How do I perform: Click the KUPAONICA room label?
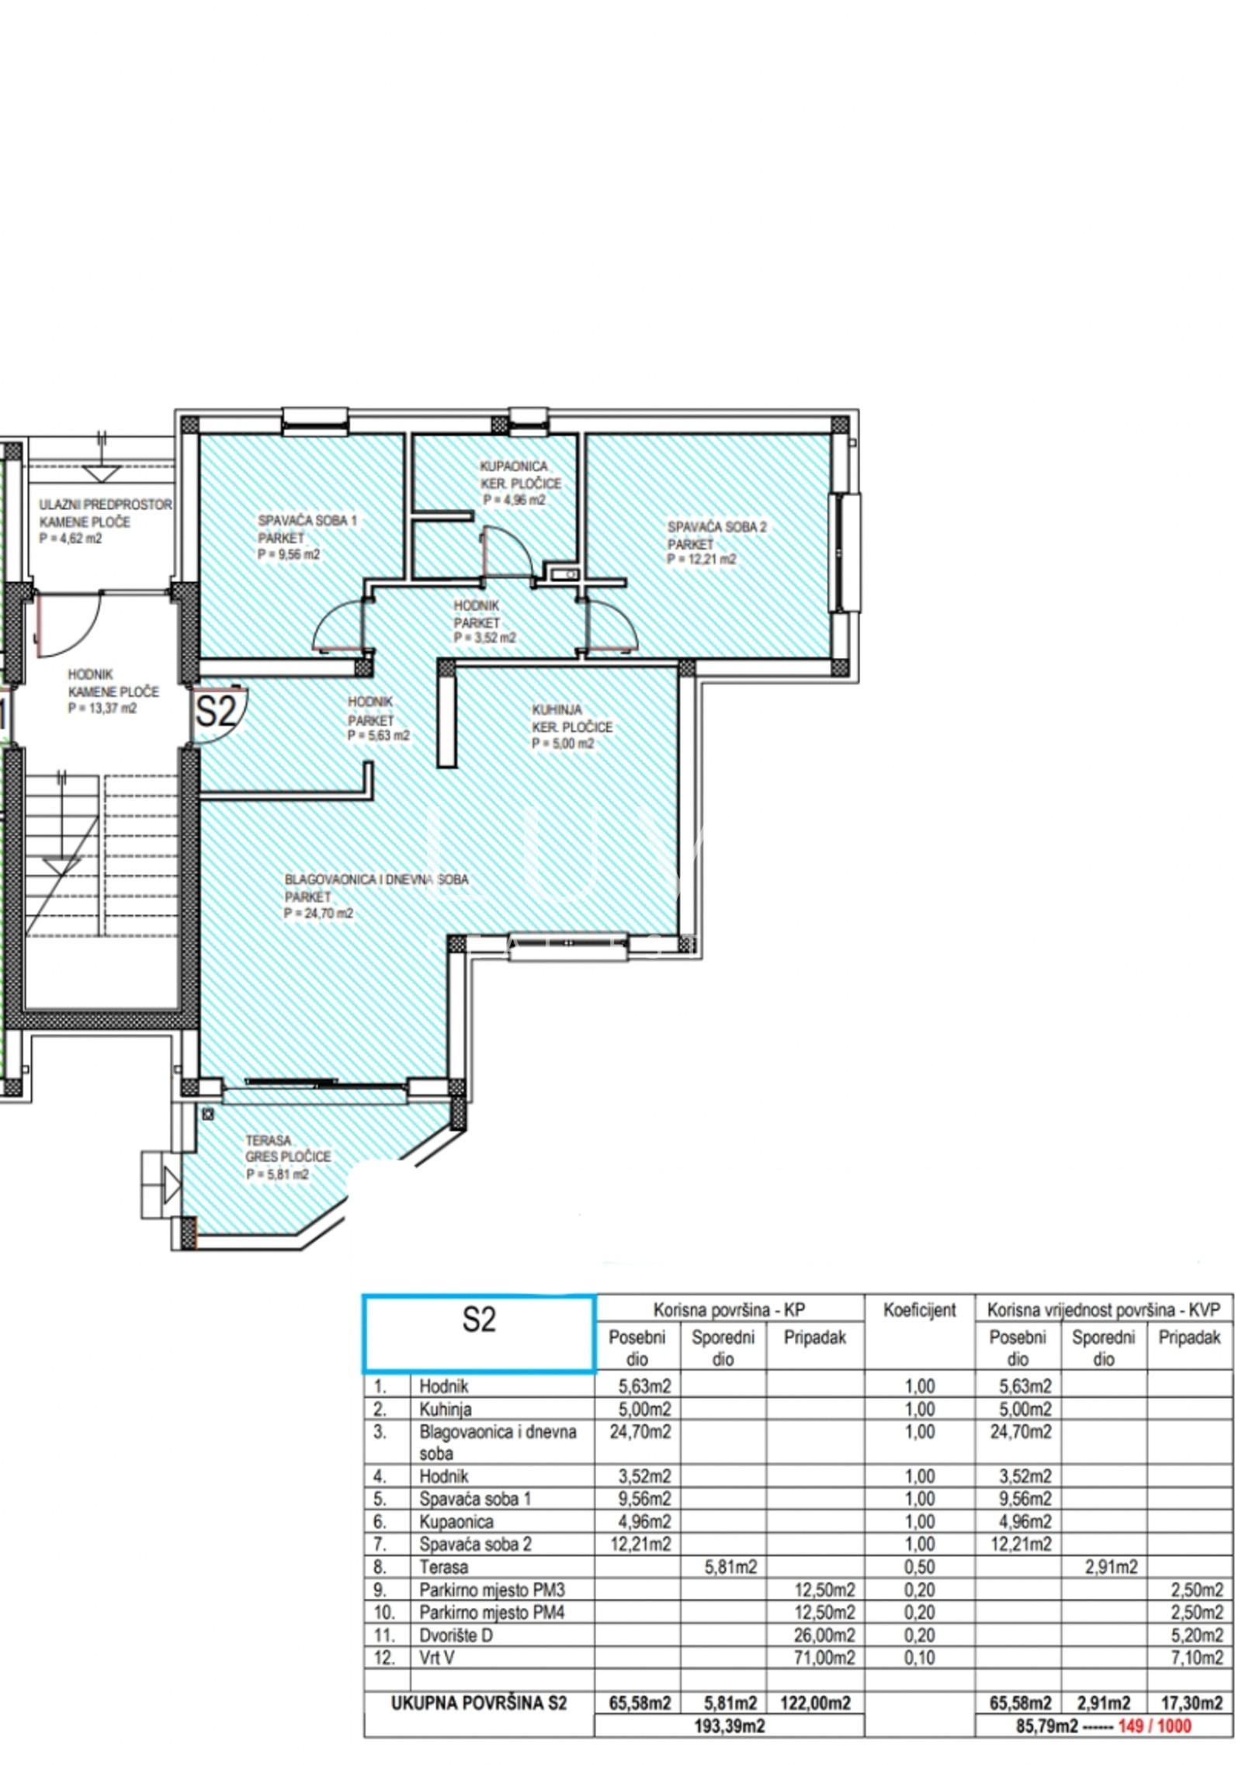(514, 466)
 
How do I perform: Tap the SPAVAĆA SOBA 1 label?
(307, 520)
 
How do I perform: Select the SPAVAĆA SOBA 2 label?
(717, 527)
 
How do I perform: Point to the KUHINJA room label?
(557, 709)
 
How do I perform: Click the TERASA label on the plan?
(269, 1141)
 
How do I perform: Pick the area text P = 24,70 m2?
(318, 914)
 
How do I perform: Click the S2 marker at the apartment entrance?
(215, 712)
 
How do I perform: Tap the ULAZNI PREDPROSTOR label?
(106, 505)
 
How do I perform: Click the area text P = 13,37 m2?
(102, 708)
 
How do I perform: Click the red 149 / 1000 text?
(1154, 1726)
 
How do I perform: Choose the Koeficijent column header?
(920, 1310)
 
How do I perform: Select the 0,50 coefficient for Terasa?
(920, 1567)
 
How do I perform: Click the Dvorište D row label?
(456, 1635)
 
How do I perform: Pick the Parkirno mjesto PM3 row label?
(492, 1590)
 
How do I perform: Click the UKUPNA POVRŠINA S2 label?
(480, 1703)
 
